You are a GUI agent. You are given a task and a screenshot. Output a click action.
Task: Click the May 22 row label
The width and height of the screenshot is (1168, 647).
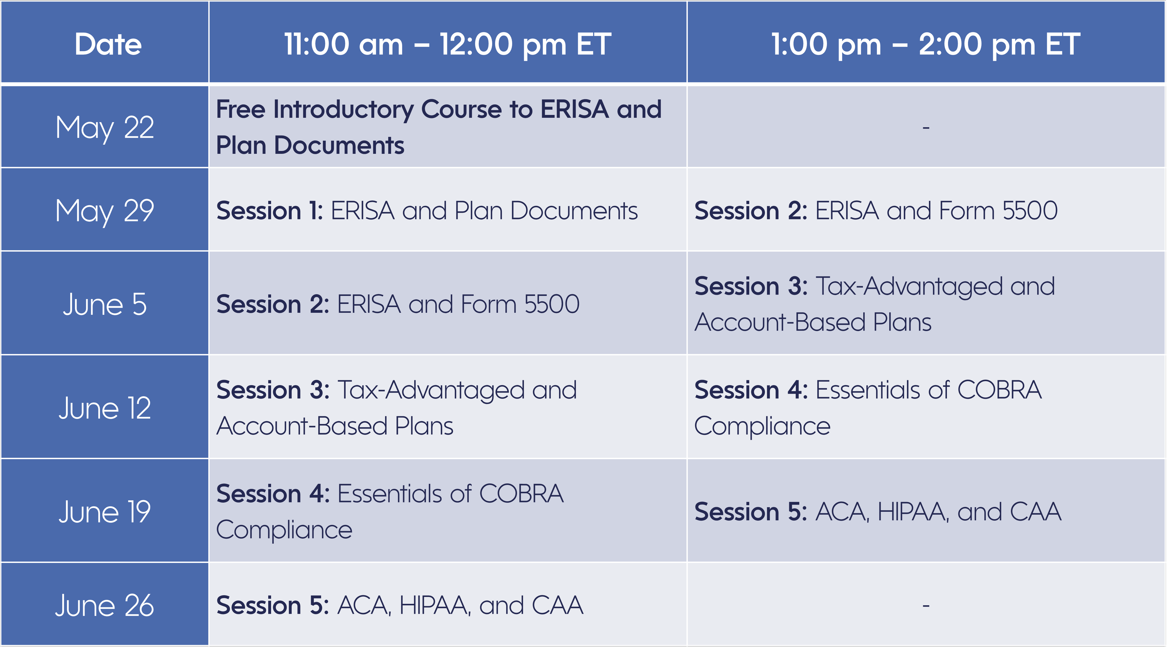click(x=105, y=128)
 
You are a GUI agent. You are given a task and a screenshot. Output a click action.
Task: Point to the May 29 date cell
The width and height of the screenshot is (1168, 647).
click(x=105, y=211)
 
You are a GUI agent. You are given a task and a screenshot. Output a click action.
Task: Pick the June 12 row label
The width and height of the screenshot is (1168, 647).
click(x=105, y=408)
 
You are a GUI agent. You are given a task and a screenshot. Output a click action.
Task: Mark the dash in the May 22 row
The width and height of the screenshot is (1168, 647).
click(x=926, y=128)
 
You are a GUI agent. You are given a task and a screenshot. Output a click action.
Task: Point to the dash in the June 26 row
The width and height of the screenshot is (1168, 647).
click(x=926, y=606)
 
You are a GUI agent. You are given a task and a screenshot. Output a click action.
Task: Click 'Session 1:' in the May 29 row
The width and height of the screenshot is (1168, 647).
click(x=269, y=211)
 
